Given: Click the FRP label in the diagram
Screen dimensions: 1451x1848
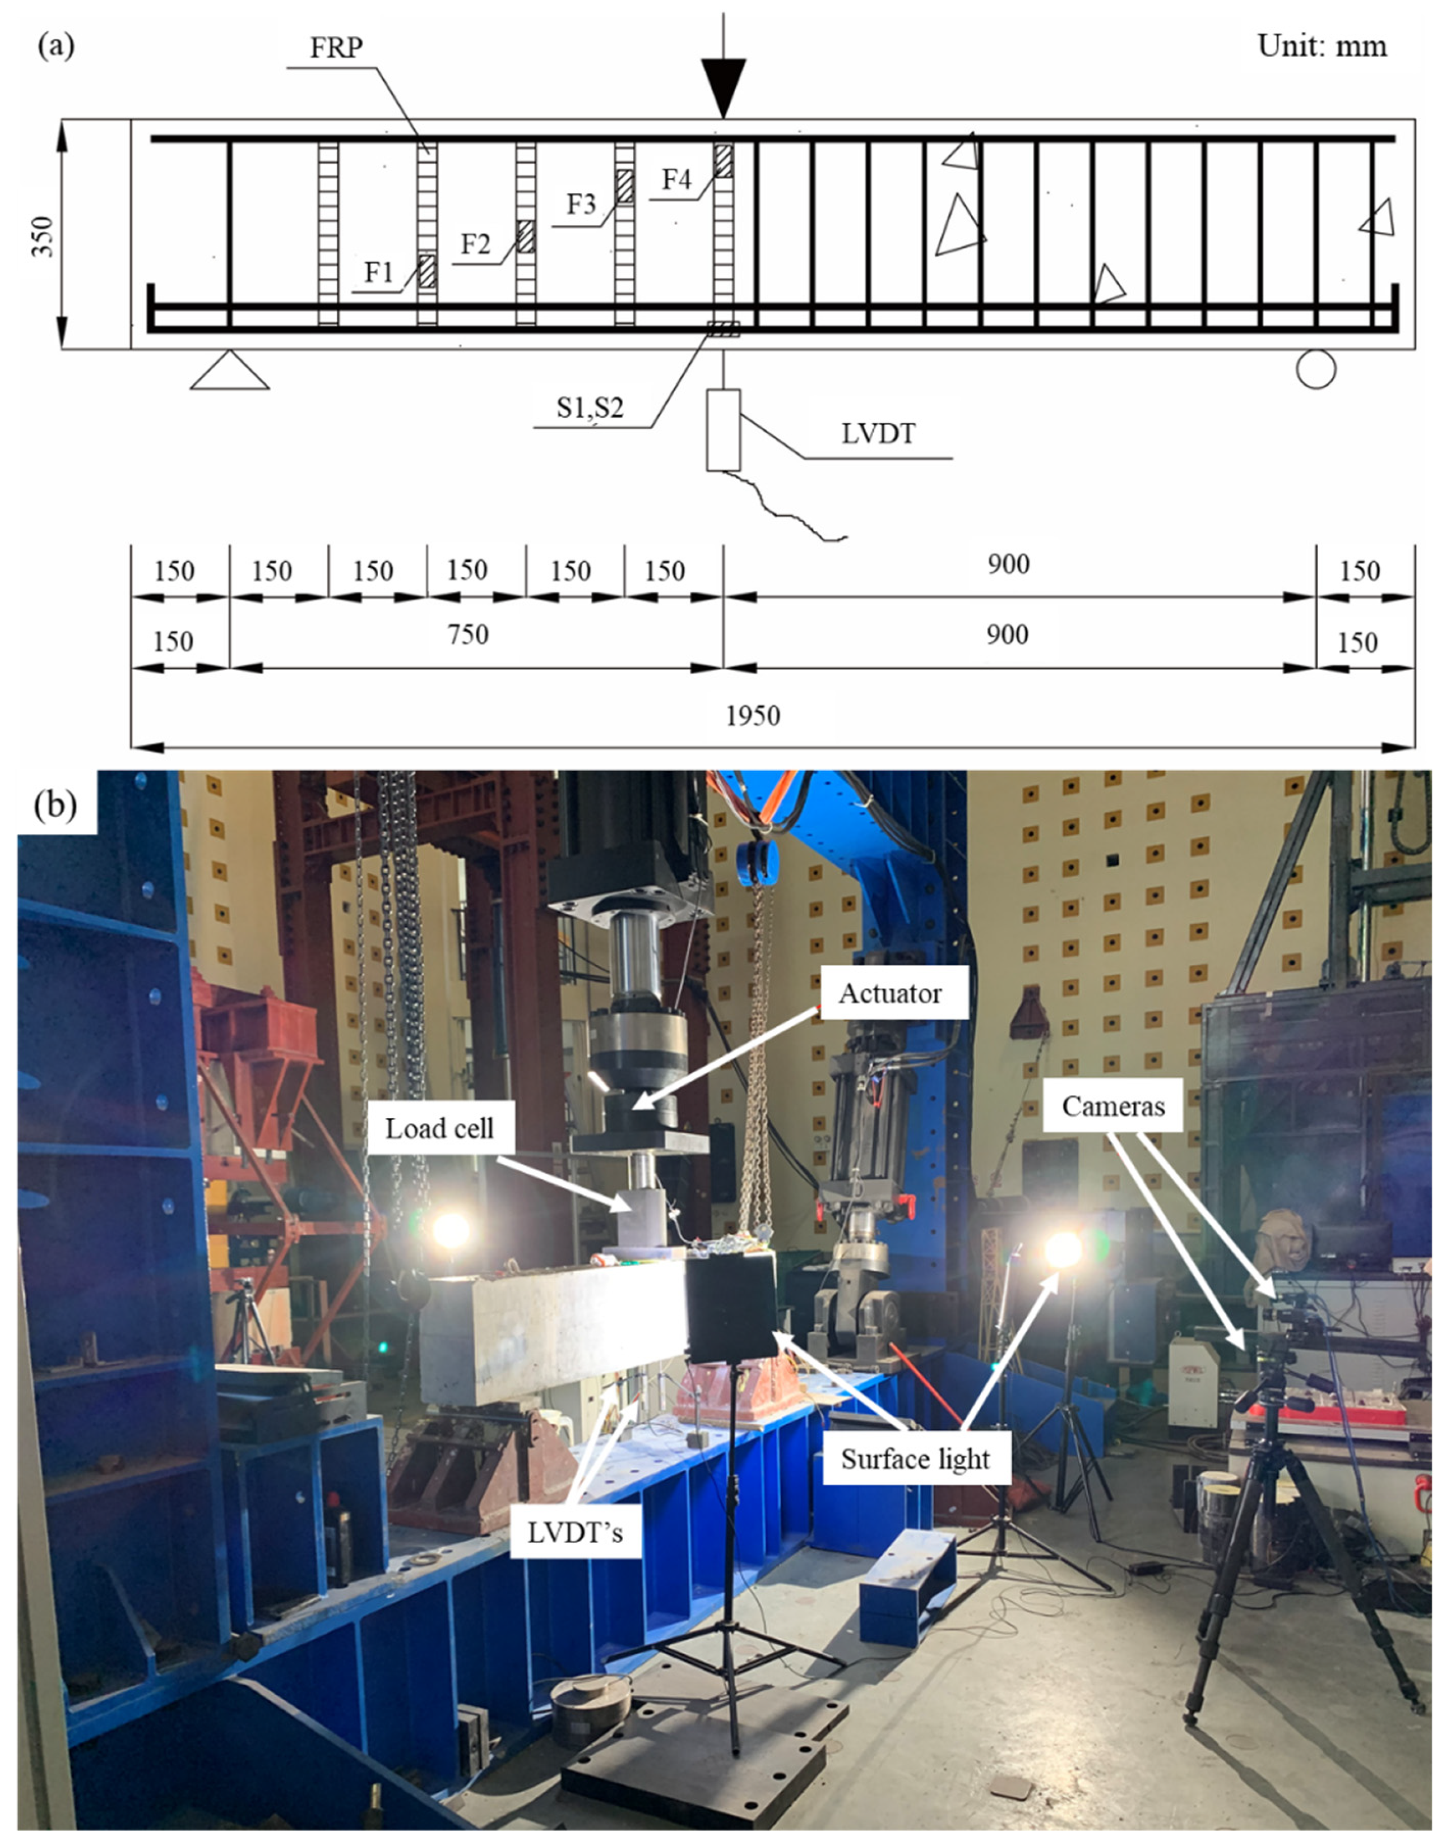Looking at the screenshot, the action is click(x=336, y=48).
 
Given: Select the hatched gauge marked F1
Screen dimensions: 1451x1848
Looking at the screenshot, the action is click(x=426, y=271).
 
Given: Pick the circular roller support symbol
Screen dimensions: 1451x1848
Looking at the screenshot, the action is click(x=1316, y=370).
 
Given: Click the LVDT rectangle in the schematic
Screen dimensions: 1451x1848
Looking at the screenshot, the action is click(x=723, y=430).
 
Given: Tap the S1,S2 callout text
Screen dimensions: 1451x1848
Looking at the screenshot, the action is click(x=589, y=408).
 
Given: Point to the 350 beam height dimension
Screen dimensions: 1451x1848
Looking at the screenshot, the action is click(x=43, y=237).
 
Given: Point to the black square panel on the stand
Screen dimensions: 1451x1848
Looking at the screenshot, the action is click(x=731, y=1308).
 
